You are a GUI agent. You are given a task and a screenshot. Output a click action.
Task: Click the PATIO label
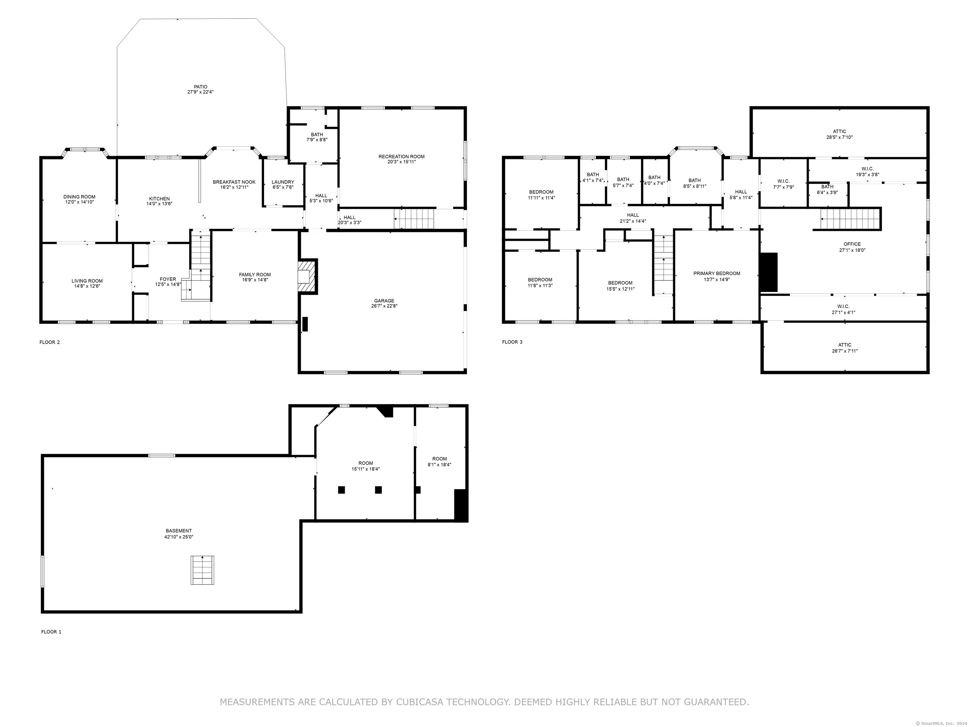click(201, 87)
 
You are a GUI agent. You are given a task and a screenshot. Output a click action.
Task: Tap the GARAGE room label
click(384, 301)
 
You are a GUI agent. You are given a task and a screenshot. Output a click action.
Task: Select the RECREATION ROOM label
click(402, 157)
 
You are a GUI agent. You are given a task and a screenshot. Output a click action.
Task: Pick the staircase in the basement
click(203, 570)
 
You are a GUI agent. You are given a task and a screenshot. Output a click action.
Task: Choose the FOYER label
click(168, 279)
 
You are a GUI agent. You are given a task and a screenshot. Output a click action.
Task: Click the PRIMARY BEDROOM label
click(717, 274)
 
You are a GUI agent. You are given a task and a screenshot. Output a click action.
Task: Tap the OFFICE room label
click(852, 245)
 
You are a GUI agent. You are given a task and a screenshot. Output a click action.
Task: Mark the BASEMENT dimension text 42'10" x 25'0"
click(179, 537)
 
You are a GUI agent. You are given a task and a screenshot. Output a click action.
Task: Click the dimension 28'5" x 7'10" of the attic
click(839, 137)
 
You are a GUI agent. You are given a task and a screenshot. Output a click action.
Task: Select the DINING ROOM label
click(79, 197)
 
